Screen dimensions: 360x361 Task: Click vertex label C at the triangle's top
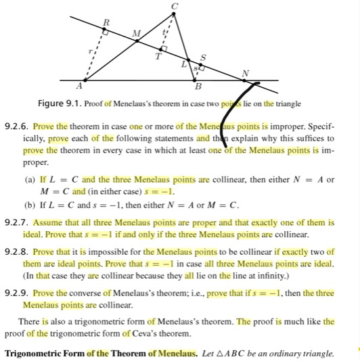174,6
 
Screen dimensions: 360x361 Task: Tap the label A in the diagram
80,87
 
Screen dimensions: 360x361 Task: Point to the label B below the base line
198,87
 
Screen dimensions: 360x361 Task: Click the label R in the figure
104,23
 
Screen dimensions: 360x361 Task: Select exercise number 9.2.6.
16,126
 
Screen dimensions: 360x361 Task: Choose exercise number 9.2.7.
16,222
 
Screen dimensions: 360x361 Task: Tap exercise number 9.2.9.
16,293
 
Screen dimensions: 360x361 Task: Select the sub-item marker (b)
29,204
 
